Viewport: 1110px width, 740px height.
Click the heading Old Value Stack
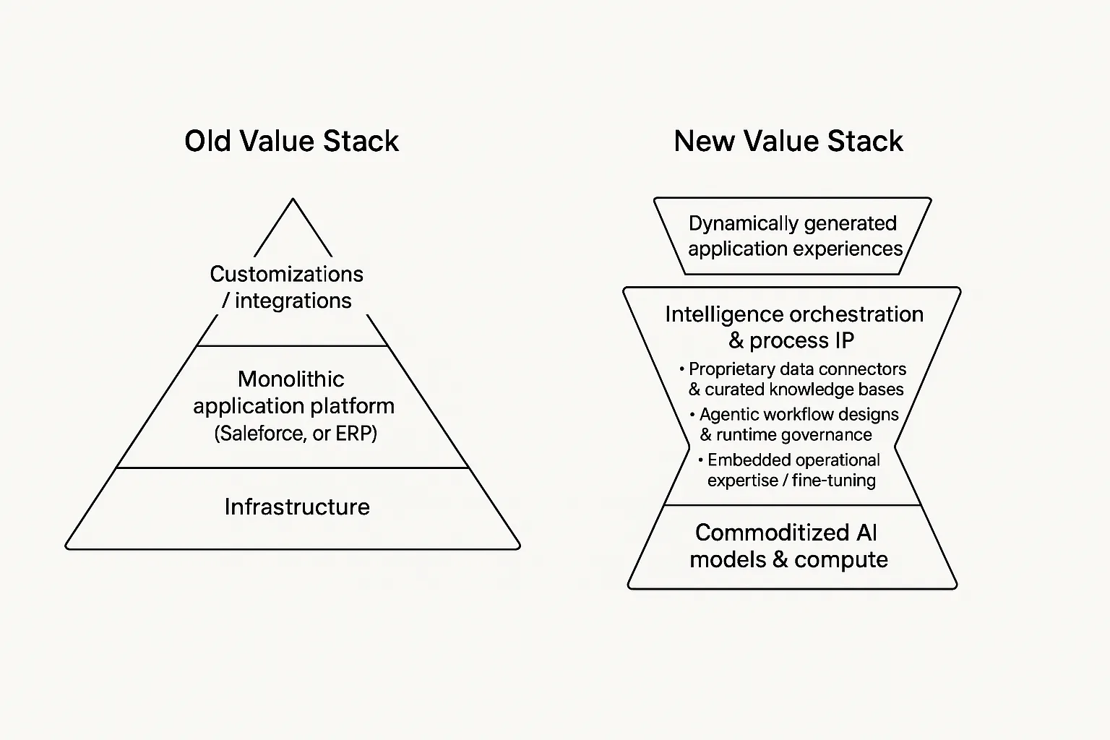point(291,141)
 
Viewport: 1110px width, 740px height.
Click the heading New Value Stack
point(788,141)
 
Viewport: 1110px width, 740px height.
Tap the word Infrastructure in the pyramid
point(297,507)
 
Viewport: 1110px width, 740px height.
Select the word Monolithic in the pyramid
point(291,379)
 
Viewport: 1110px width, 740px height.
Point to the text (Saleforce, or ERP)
point(296,434)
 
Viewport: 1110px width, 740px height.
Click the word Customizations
point(286,274)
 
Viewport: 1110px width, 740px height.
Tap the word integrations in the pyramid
point(293,301)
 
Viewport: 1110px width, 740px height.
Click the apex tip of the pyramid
point(293,199)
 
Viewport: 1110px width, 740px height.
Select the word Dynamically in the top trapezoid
point(744,224)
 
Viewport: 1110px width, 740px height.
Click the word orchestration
point(856,314)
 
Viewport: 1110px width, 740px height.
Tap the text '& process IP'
point(791,340)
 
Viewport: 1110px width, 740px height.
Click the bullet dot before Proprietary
point(682,369)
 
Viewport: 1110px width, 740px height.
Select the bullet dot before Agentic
point(692,414)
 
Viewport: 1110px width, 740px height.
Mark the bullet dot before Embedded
point(701,460)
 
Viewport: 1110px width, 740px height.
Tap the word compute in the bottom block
point(841,560)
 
